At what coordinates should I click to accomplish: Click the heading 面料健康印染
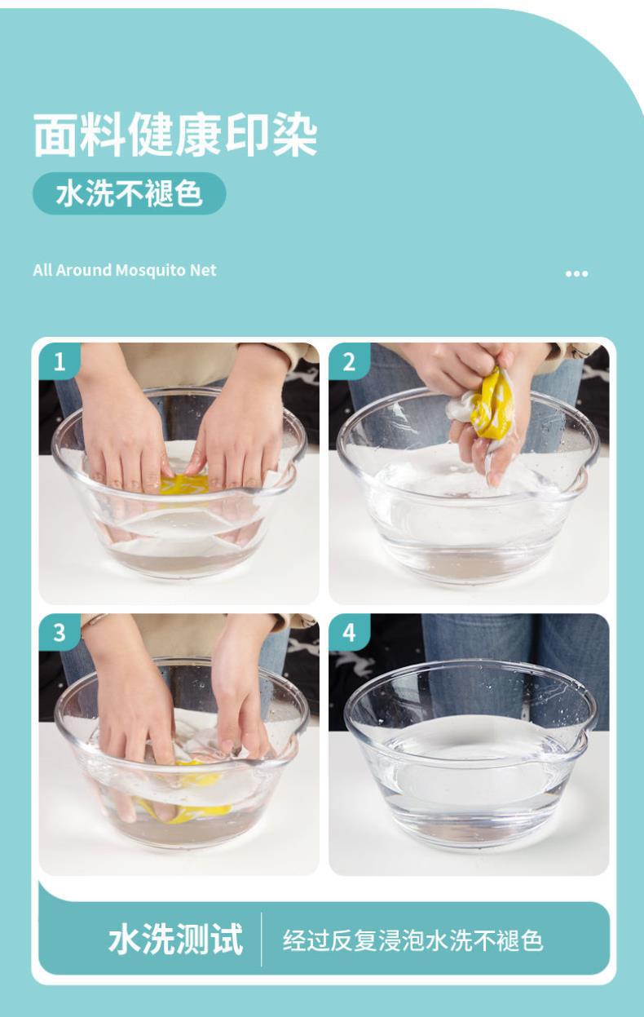[175, 135]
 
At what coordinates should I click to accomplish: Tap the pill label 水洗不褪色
[130, 193]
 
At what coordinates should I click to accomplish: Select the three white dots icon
[577, 273]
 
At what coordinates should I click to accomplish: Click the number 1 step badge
[60, 362]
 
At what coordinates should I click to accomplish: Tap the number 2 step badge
[349, 362]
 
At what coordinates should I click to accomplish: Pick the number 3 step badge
[60, 632]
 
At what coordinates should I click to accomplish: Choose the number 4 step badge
[349, 632]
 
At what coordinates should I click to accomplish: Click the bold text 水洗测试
[176, 940]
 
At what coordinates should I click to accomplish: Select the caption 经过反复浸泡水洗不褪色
[413, 940]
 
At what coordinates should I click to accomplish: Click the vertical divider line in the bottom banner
[262, 940]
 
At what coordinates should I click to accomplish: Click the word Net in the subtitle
[203, 270]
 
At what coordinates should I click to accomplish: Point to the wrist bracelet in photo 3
[94, 619]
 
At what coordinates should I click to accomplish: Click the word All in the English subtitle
[42, 270]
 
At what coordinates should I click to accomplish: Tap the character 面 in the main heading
[55, 135]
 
